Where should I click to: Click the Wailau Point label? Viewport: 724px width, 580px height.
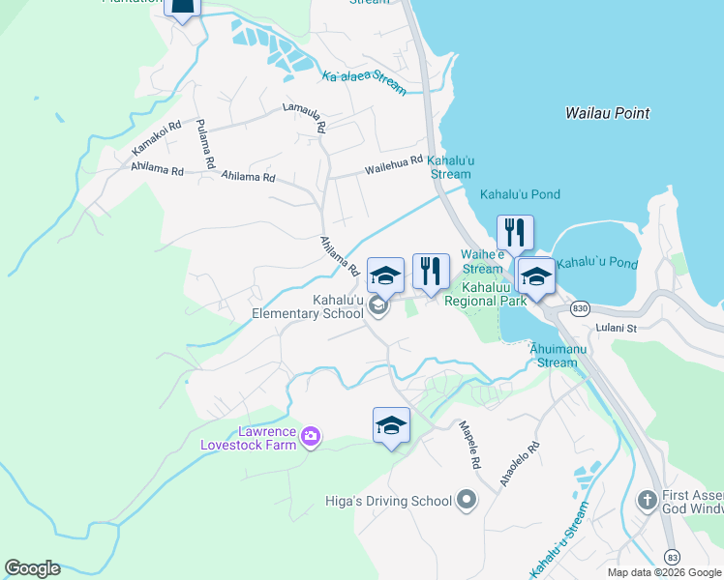click(x=607, y=113)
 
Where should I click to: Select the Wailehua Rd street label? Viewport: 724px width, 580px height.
click(x=393, y=166)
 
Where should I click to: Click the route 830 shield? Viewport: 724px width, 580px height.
click(x=580, y=308)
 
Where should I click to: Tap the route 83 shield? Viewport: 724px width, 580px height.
click(x=673, y=556)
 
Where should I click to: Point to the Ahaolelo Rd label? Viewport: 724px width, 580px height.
click(x=519, y=465)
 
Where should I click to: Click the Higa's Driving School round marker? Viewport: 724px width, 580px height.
click(x=467, y=500)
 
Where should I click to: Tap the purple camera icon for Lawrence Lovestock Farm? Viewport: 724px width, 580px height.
click(x=311, y=437)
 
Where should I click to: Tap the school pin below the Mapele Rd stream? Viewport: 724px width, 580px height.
click(x=391, y=426)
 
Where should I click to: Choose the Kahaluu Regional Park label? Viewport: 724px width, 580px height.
click(x=485, y=294)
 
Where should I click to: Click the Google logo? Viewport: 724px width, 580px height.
click(x=33, y=568)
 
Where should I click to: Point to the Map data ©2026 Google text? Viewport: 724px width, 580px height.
click(x=663, y=572)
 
